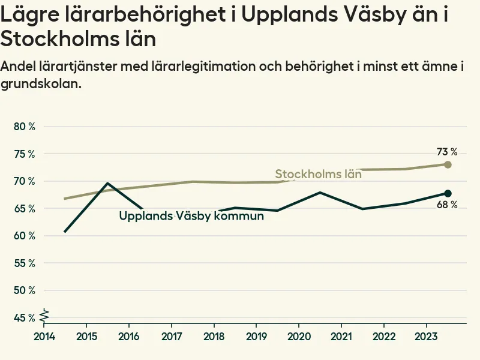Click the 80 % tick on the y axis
click(x=24, y=127)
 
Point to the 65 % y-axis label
click(x=24, y=209)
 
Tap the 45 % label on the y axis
click(x=24, y=318)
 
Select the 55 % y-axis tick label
click(x=24, y=263)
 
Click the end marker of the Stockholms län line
click(x=448, y=164)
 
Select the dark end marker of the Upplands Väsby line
click(x=448, y=193)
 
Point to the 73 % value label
click(x=446, y=152)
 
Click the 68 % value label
click(x=446, y=205)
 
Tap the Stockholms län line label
click(x=318, y=175)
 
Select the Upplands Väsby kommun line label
click(x=191, y=216)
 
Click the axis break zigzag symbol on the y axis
click(x=44, y=313)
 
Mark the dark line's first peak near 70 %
click(x=107, y=183)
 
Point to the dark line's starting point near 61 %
click(x=65, y=232)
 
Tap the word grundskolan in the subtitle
click(x=40, y=84)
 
